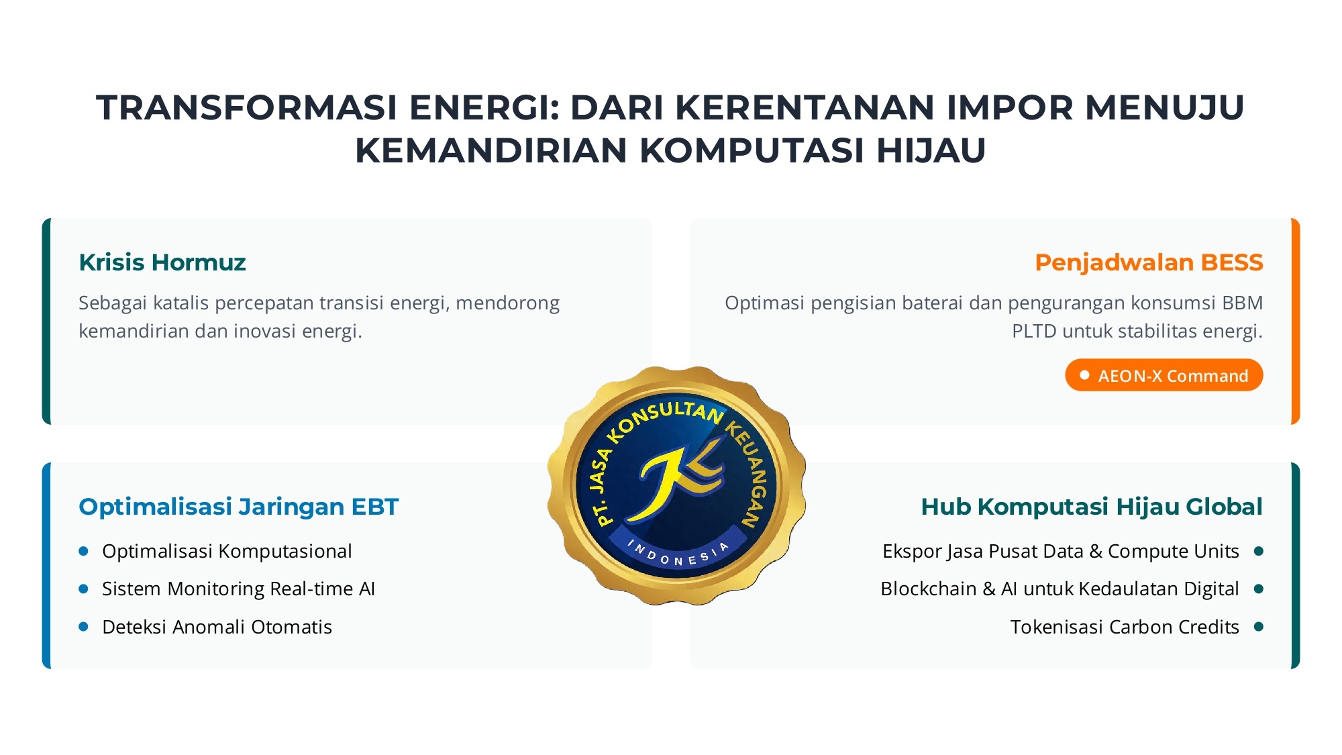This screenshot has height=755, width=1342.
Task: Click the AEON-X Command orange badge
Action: pos(1164,375)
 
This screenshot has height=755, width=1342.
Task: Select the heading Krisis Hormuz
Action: pos(162,262)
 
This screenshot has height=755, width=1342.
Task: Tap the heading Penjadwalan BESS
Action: pos(1149,262)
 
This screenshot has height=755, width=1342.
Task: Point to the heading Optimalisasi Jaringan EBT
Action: pos(239,507)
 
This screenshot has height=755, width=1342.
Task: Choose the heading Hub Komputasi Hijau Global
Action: pos(1092,507)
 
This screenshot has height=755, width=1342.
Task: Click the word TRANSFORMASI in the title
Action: pos(248,107)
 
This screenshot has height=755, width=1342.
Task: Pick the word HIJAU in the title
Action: pos(931,150)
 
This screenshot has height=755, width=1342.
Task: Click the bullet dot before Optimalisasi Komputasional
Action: pos(84,551)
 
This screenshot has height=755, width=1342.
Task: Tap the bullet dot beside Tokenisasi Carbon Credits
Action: pos(1259,627)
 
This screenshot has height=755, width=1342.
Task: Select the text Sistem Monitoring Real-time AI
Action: pos(238,589)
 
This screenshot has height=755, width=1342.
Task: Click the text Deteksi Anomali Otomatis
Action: pos(217,627)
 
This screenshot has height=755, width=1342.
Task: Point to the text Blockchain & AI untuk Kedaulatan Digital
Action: pos(1060,589)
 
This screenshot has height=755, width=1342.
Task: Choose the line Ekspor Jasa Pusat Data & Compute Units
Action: pos(1061,551)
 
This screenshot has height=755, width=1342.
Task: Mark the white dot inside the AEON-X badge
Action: pos(1084,375)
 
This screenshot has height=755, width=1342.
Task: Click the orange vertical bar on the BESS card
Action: pos(1296,321)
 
